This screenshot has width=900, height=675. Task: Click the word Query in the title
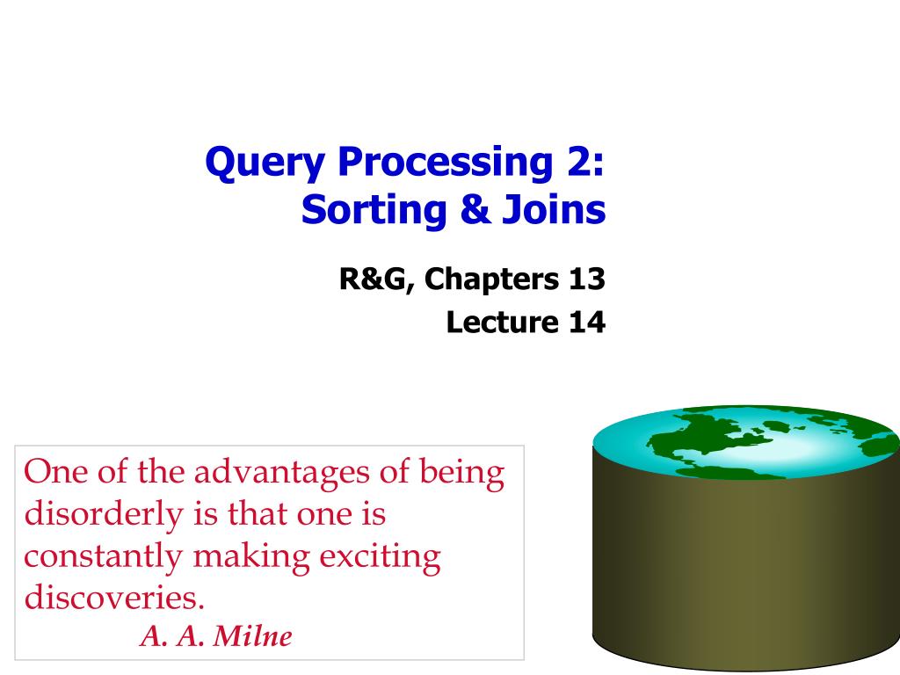coord(265,163)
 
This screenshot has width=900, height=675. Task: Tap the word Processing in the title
coord(445,163)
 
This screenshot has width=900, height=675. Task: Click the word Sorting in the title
coord(374,210)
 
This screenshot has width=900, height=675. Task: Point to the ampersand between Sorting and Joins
coord(475,209)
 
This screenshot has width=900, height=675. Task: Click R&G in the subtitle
coord(376,279)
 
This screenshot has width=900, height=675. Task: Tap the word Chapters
coord(491,279)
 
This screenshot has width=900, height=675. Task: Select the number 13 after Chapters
coord(586,279)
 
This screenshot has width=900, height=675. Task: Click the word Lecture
coord(502,322)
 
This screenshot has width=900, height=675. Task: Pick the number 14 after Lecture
coord(586,322)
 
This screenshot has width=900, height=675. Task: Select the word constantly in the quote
coord(104,556)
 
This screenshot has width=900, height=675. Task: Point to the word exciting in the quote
coord(380,556)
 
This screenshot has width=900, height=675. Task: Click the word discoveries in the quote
coord(114,598)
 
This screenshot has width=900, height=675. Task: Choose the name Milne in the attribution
coord(252,636)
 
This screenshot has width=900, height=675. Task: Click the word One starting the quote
coord(55,472)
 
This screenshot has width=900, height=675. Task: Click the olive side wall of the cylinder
coord(746,569)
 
